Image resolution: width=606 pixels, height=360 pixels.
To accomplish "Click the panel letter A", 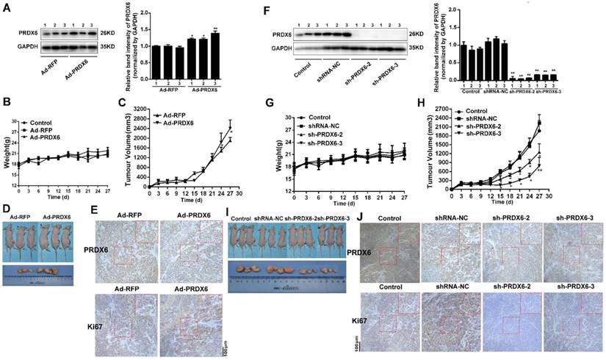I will (x=7, y=8).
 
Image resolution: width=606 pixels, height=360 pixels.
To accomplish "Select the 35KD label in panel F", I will (x=419, y=47).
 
